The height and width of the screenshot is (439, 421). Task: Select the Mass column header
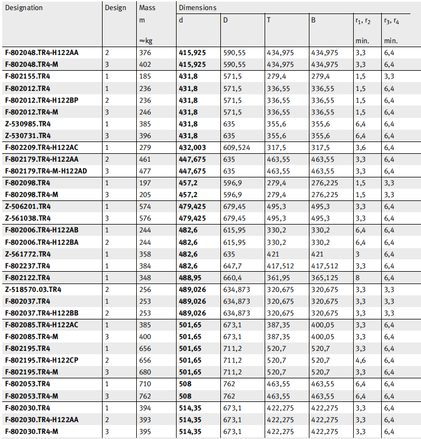[x=147, y=8]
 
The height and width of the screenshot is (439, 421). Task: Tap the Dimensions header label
[x=197, y=8]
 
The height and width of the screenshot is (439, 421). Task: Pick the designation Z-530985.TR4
[x=27, y=124]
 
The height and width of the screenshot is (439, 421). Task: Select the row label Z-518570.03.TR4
[x=33, y=290]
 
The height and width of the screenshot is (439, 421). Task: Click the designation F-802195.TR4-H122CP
[x=41, y=360]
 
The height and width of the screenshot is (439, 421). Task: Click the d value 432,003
[x=192, y=148]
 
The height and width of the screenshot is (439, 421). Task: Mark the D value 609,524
[x=237, y=148]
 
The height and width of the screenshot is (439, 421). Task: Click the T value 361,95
[x=279, y=278]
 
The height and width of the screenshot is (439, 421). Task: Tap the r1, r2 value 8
[x=357, y=278]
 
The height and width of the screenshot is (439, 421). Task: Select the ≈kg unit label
[x=146, y=40]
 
